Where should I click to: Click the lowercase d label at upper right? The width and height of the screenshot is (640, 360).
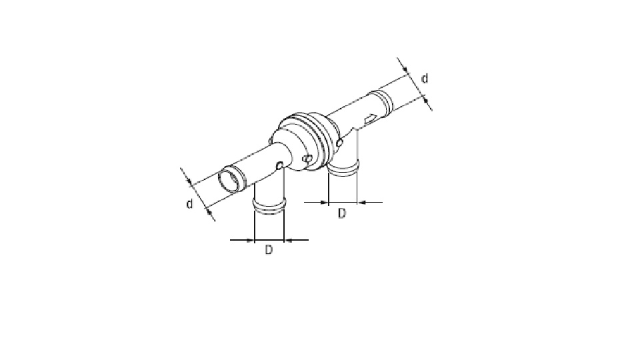pos(425,79)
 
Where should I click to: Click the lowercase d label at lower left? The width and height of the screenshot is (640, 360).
pos(189,204)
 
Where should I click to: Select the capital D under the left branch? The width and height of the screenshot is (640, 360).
pos(268,249)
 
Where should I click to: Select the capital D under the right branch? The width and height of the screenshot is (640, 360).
pos(341,213)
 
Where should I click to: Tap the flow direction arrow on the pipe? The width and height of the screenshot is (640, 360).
pos(371,119)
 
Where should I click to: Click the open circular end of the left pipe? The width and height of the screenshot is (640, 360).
pos(229,179)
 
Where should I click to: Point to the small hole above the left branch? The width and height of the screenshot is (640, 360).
pos(279,165)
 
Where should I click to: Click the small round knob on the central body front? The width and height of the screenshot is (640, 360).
pos(308,159)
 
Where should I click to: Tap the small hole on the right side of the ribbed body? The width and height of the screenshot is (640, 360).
pos(339,143)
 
